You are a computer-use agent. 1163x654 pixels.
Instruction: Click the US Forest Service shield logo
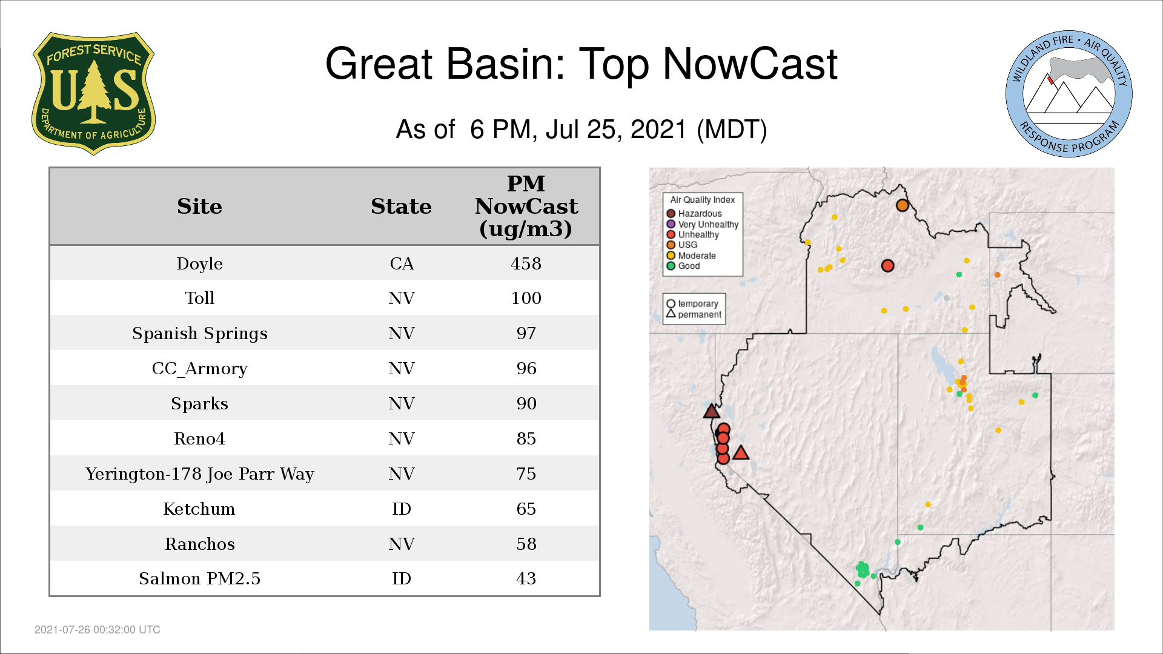pyautogui.click(x=93, y=93)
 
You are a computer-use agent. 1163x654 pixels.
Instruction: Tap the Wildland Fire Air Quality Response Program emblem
pyautogui.click(x=1069, y=94)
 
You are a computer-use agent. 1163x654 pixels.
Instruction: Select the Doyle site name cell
pyautogui.click(x=199, y=264)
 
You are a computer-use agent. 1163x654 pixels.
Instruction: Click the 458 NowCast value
pyautogui.click(x=526, y=263)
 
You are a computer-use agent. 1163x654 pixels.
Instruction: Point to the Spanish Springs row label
pyautogui.click(x=199, y=334)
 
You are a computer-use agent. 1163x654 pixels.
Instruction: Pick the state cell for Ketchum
pyautogui.click(x=402, y=509)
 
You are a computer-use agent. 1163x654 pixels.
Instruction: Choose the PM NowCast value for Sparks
pyautogui.click(x=526, y=403)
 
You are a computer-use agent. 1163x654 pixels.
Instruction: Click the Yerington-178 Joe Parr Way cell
pyautogui.click(x=199, y=474)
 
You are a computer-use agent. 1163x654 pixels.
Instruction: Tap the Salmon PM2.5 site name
pyautogui.click(x=199, y=579)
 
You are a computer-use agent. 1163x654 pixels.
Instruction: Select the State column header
pyautogui.click(x=401, y=206)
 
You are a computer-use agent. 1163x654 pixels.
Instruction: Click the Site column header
pyautogui.click(x=199, y=206)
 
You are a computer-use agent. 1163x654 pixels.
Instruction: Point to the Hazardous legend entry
pyautogui.click(x=694, y=214)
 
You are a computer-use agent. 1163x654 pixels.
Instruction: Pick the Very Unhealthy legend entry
pyautogui.click(x=703, y=224)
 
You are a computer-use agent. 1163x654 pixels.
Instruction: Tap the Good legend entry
pyautogui.click(x=683, y=266)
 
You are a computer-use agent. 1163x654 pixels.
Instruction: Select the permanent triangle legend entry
pyautogui.click(x=694, y=314)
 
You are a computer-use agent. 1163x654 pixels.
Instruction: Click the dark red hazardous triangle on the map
pyautogui.click(x=712, y=412)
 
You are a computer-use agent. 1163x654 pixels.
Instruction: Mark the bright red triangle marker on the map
pyautogui.click(x=741, y=452)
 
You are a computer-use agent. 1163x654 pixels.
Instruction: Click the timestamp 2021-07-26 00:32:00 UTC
pyautogui.click(x=98, y=630)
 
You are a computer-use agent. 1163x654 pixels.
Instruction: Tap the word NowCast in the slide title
pyautogui.click(x=750, y=64)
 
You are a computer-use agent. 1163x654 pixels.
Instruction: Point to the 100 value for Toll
pyautogui.click(x=526, y=298)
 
